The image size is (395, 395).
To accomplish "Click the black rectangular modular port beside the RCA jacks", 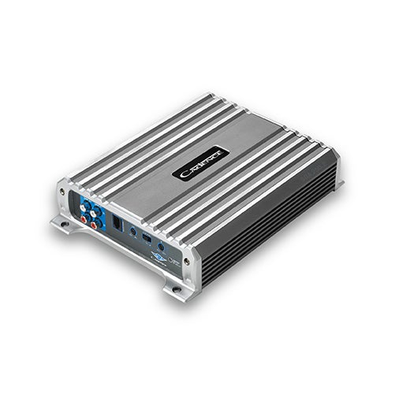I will tap(116, 225).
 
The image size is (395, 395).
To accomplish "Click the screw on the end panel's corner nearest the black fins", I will tap(186, 260).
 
